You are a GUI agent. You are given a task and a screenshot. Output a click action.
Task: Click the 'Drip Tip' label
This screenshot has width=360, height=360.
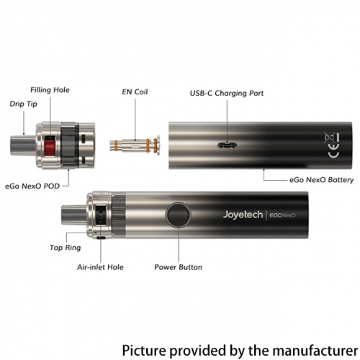pyautogui.click(x=24, y=104)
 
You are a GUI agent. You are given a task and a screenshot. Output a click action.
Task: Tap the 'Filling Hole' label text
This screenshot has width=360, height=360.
pyautogui.click(x=50, y=90)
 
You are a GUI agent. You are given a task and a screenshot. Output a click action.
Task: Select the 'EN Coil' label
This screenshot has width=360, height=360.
pyautogui.click(x=135, y=92)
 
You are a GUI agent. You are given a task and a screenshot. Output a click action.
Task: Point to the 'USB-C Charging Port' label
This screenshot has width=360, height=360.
pyautogui.click(x=227, y=93)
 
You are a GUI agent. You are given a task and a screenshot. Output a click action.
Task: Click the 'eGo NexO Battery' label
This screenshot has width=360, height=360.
pyautogui.click(x=322, y=180)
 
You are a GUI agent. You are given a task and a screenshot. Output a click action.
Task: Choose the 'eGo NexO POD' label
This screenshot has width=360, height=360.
pyautogui.click(x=32, y=186)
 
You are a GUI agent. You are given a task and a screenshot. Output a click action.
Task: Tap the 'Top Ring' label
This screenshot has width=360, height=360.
pyautogui.click(x=66, y=248)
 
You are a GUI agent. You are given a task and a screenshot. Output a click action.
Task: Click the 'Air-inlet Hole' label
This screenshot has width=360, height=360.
pyautogui.click(x=100, y=267)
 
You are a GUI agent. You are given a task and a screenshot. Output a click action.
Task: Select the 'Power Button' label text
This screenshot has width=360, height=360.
pyautogui.click(x=178, y=267)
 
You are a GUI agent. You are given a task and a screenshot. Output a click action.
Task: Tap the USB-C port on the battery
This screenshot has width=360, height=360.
pyautogui.click(x=227, y=145)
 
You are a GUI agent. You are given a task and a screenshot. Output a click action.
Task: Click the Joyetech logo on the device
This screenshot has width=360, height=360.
pyautogui.click(x=243, y=215)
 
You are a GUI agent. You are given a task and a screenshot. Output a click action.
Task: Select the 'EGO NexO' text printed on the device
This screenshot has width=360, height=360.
pyautogui.click(x=282, y=215)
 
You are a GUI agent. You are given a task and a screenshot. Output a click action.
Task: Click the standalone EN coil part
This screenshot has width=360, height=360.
pyautogui.click(x=135, y=145)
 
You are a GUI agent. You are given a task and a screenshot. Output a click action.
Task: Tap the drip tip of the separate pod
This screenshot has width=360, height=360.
pyautogui.click(x=23, y=145)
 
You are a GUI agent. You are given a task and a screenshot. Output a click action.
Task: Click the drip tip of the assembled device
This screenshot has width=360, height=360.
pyautogui.click(x=74, y=215)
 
